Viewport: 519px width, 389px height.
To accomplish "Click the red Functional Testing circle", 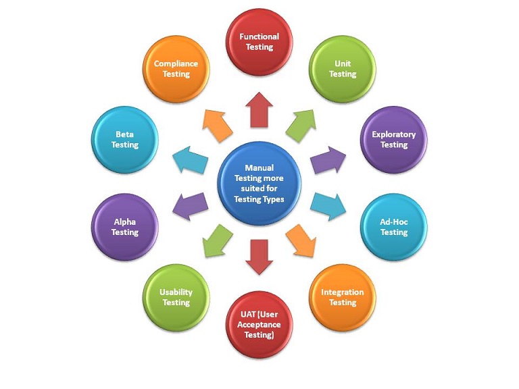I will (259, 42).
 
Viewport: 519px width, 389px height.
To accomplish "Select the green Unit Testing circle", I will (342, 69).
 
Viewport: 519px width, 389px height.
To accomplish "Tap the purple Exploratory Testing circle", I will (393, 140).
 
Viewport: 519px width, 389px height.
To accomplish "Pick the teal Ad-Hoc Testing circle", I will (393, 227).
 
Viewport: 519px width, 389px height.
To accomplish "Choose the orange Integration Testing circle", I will (342, 297).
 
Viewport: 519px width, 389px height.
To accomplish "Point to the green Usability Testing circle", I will (176, 297).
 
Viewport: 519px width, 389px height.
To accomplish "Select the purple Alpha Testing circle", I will (124, 227).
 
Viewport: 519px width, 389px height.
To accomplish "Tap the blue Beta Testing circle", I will (124, 140).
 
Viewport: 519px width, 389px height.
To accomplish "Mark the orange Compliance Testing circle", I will (176, 69).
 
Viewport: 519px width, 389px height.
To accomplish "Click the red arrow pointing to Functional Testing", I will (259, 110).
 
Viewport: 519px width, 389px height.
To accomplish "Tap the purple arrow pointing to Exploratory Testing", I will (328, 159).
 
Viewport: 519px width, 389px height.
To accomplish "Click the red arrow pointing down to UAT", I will (259, 255).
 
